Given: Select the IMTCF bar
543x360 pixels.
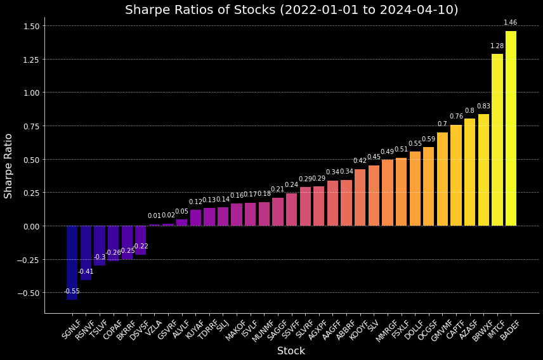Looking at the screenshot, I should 497,140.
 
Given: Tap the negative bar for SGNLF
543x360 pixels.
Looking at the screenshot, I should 72,262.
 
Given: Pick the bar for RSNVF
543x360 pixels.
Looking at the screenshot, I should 86,253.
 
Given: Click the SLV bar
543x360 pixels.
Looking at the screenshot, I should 374,196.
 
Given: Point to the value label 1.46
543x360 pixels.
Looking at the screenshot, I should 511,23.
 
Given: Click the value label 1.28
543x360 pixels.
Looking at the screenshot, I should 497,46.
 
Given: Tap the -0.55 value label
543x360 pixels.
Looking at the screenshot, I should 72,292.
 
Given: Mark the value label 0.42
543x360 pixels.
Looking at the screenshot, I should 360,161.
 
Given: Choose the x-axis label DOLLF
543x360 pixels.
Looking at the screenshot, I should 414,330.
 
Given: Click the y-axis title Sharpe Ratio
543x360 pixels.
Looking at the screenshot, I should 9,165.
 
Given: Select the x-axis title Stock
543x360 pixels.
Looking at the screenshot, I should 291,351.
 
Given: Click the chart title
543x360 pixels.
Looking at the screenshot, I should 291,10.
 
